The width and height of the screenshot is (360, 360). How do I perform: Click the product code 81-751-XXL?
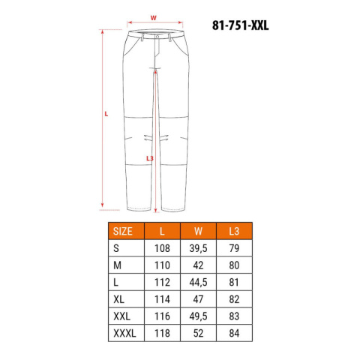(x=240, y=25)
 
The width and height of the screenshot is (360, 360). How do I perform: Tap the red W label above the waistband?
(x=153, y=18)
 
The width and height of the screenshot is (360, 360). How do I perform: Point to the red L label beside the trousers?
(x=106, y=114)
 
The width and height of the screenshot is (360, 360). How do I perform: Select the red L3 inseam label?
(x=150, y=158)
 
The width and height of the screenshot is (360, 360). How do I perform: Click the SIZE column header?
(x=122, y=231)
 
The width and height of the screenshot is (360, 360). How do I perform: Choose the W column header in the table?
(x=198, y=231)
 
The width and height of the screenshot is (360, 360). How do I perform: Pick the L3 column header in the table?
(x=234, y=231)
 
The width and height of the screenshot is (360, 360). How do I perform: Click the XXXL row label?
(x=124, y=333)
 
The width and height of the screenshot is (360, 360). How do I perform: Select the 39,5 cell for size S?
(x=198, y=248)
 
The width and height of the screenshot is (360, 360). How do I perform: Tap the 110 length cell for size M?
(x=162, y=265)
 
